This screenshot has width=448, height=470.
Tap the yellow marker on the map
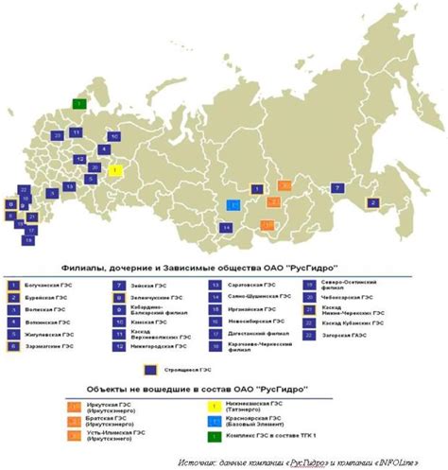115,171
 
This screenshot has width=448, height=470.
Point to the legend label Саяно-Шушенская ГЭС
245,297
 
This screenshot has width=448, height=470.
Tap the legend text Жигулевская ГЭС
50,334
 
